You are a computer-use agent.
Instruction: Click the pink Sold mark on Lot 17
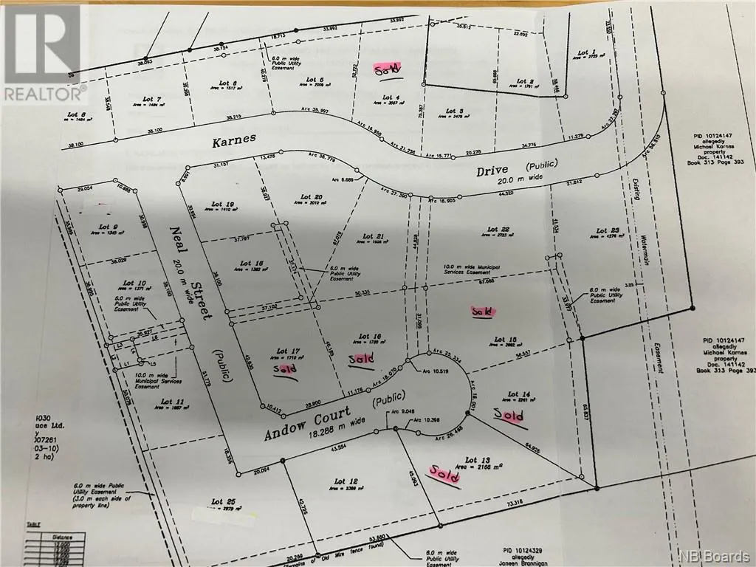286,368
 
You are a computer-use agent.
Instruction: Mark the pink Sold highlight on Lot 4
387,69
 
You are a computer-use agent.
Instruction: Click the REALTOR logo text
44,93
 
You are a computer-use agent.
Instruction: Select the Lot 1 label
586,52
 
